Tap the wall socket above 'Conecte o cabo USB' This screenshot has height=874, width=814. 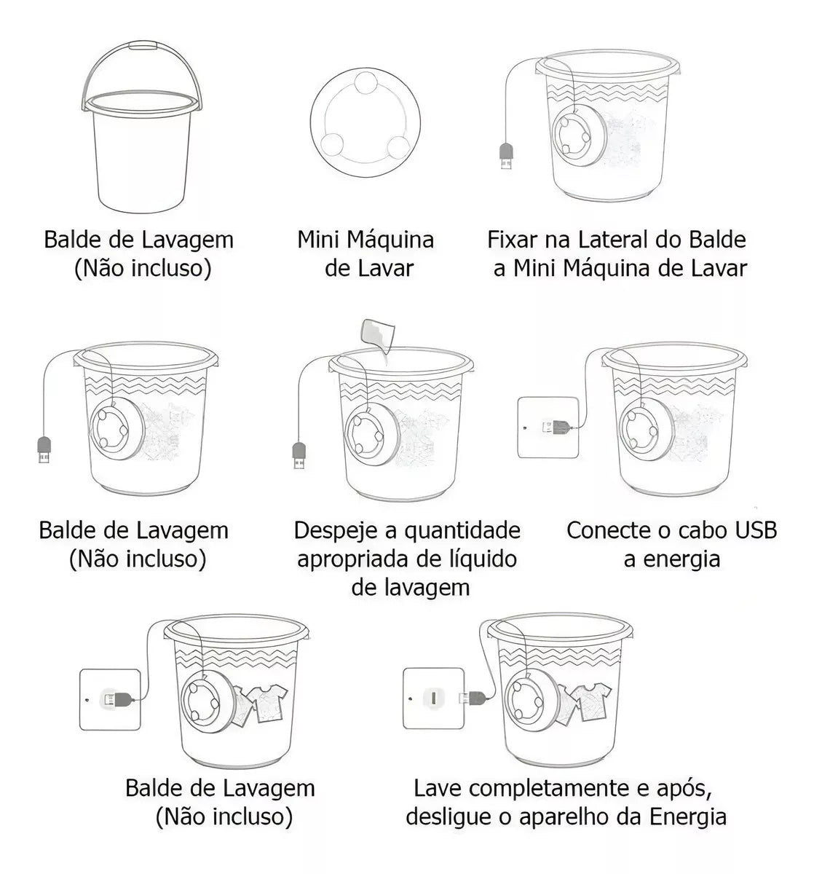click(x=548, y=427)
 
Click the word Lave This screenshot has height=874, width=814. click(x=438, y=788)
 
